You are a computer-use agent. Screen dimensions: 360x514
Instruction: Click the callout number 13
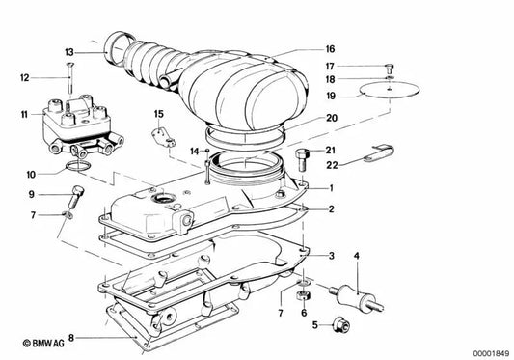pyautogui.click(x=68, y=51)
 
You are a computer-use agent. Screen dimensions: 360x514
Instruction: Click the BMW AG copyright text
pyautogui.click(x=34, y=341)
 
